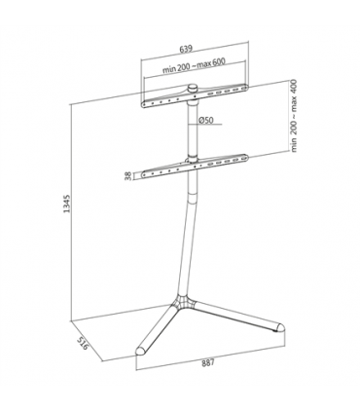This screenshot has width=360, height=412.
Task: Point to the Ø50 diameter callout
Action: pos(206,120)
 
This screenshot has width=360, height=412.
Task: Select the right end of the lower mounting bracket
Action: pos(243,157)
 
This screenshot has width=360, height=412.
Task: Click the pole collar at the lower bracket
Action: pos(193,167)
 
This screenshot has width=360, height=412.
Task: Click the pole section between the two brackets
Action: pos(193,131)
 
